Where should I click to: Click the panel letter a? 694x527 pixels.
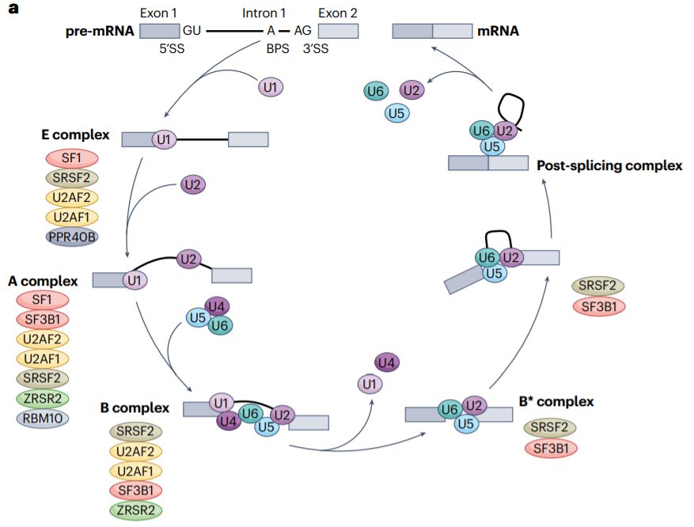(13, 11)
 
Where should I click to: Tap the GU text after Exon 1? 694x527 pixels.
(192, 30)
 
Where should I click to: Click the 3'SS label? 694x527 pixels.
(314, 48)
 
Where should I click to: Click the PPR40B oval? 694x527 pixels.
(71, 236)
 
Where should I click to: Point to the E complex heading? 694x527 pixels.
(75, 135)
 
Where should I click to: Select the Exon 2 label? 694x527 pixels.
(338, 13)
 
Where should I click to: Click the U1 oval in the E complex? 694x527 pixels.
(165, 140)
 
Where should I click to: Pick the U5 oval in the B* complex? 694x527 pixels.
(467, 424)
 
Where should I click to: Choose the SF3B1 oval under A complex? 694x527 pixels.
(43, 320)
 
